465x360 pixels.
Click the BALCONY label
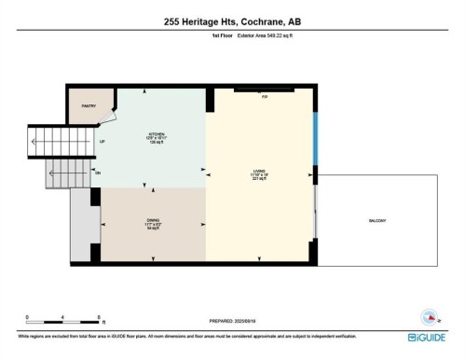(377, 221)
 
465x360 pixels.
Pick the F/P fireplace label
(264, 97)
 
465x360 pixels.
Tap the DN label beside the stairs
(98, 173)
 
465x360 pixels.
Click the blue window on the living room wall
(315, 138)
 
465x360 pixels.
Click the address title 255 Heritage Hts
(232, 21)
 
